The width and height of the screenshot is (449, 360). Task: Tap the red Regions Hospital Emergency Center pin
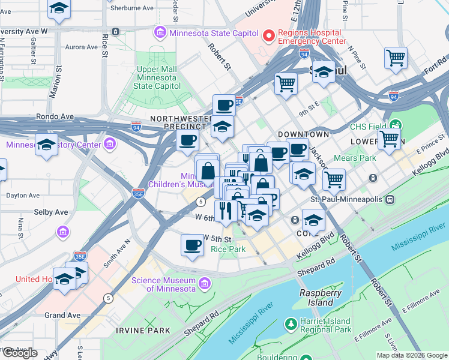[x=268, y=37]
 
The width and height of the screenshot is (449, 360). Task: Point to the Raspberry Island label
[x=321, y=298]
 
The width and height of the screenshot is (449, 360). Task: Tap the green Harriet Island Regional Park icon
[x=291, y=325]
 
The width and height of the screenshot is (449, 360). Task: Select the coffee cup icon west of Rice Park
[x=192, y=245]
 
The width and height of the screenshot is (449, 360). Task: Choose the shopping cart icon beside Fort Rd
[x=396, y=58]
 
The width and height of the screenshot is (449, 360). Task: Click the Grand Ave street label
[x=62, y=315]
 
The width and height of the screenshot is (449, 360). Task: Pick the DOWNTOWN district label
[x=303, y=134]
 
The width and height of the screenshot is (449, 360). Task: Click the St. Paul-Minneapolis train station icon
[x=390, y=199]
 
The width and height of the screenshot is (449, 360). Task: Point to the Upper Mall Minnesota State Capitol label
[x=156, y=77]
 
